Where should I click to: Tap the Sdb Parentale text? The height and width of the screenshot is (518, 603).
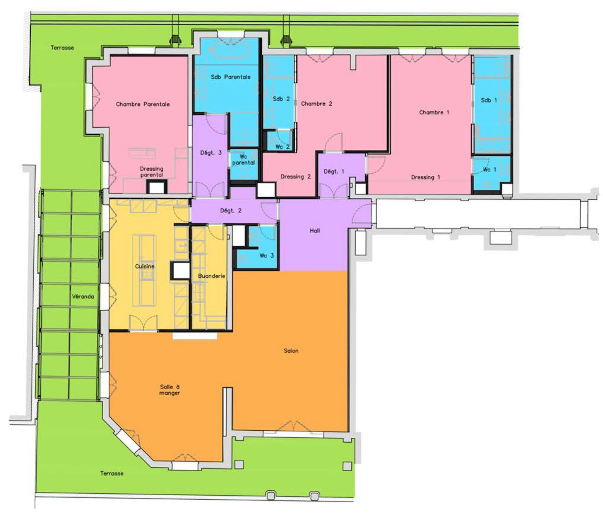pos(231,77)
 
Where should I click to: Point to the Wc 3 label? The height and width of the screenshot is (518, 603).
pos(267,256)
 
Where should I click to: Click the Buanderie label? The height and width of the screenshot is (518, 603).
pos(212,276)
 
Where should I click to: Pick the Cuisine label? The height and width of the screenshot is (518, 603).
pos(145,266)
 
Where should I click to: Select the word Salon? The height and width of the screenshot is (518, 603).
pos(291,351)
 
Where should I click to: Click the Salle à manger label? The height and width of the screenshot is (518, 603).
pos(170,390)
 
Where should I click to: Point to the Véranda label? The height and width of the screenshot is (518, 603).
pos(83,297)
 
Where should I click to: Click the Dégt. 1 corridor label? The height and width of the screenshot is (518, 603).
pos(334,171)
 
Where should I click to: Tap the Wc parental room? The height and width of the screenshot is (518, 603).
pos(244,165)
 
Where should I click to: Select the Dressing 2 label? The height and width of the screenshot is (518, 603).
pos(295,177)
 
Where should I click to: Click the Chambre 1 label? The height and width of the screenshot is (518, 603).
pos(434,112)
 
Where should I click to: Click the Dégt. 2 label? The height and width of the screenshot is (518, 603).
pos(231,210)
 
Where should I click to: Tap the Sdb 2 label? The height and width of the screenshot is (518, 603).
pos(281,99)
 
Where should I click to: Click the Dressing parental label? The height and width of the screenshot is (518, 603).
pos(151,172)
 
